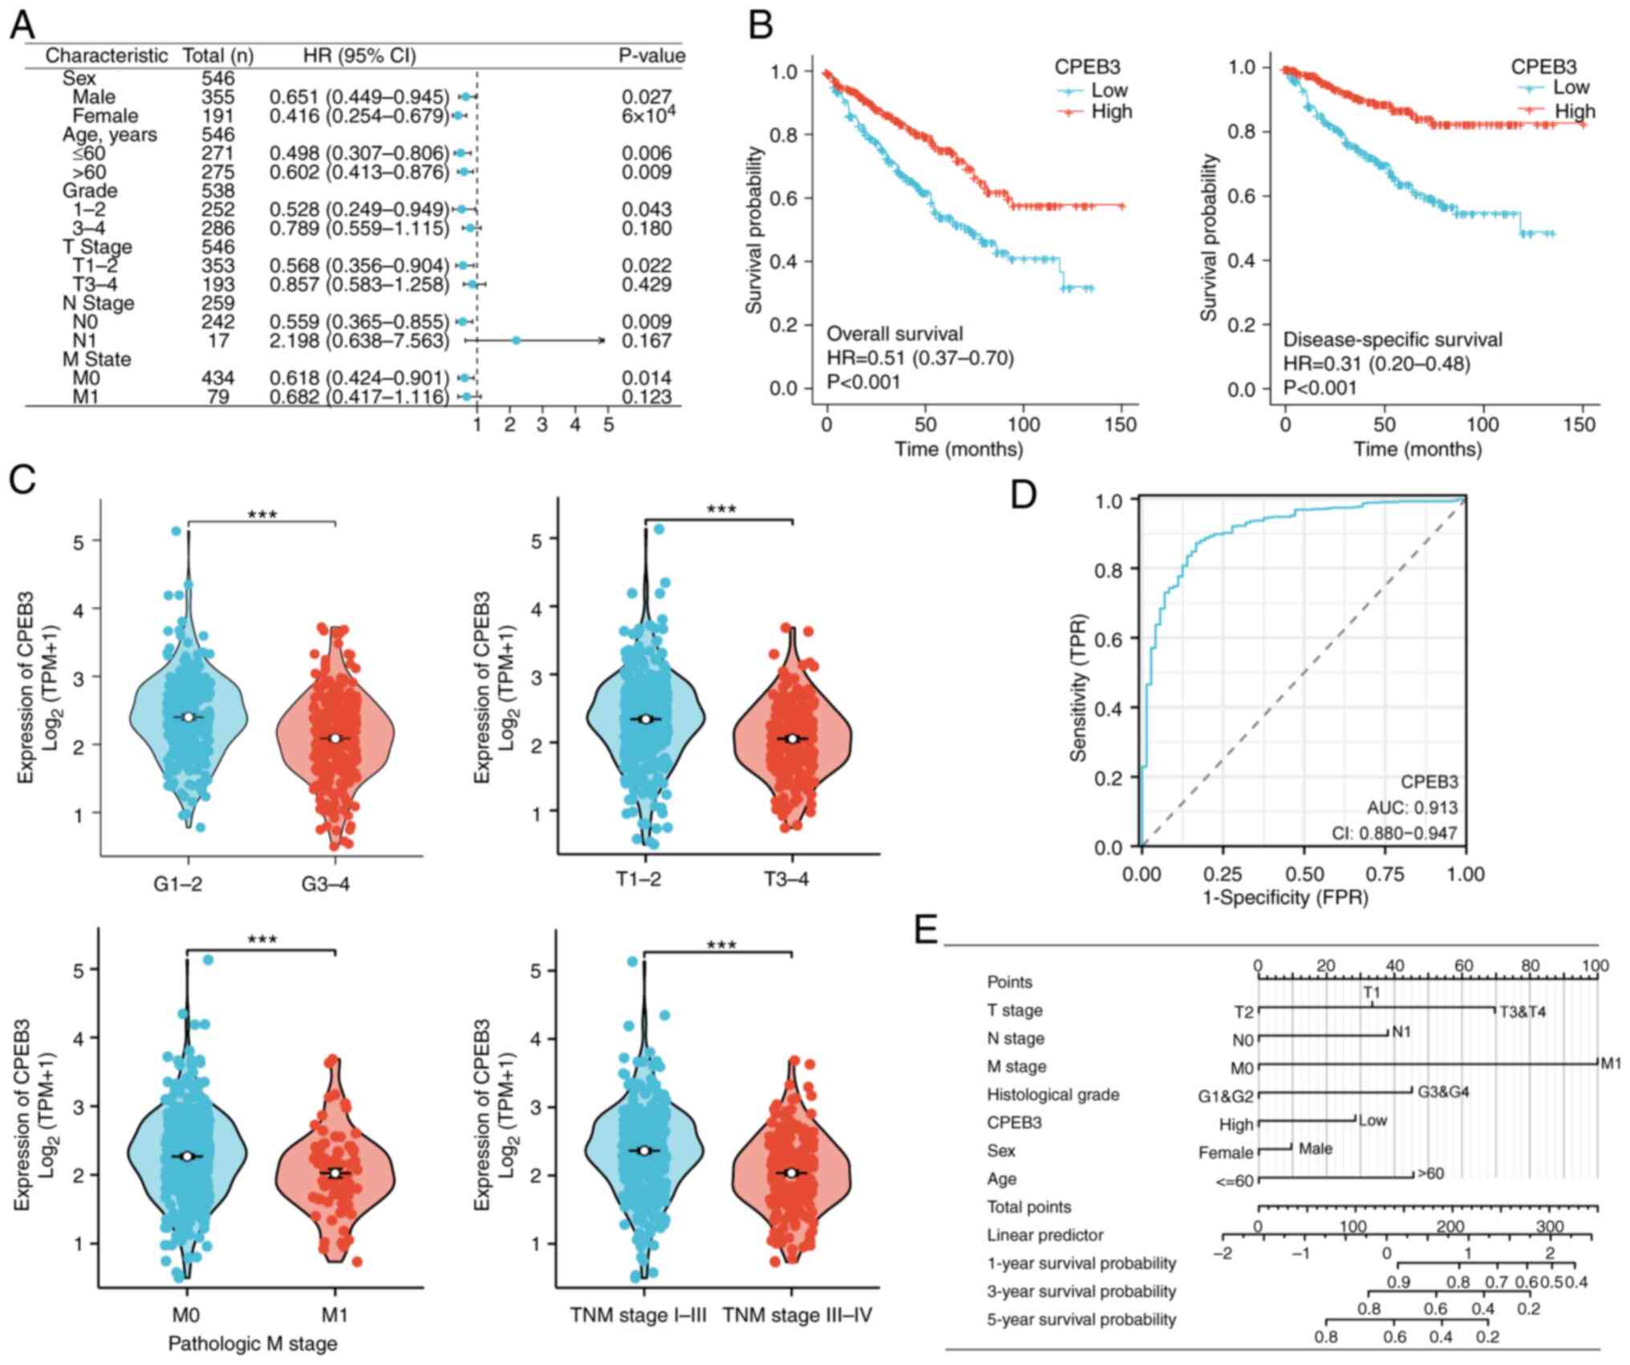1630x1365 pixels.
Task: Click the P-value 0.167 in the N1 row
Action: (x=647, y=341)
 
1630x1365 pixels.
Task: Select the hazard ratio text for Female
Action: (x=359, y=116)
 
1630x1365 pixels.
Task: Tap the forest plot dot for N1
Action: (x=517, y=341)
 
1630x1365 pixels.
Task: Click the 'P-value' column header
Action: (x=651, y=55)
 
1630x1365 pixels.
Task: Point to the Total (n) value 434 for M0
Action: (x=218, y=378)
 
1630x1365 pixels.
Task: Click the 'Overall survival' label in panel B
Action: (x=894, y=334)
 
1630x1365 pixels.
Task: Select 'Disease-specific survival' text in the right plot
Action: (x=1393, y=340)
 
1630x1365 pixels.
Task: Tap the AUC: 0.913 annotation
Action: (x=1413, y=808)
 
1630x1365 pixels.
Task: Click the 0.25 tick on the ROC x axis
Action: (x=1223, y=874)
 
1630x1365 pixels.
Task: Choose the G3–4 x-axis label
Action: (x=326, y=884)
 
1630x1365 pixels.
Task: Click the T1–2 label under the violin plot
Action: (x=639, y=880)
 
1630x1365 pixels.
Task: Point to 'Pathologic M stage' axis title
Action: (x=252, y=1343)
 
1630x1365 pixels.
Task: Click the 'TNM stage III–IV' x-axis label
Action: (x=797, y=1315)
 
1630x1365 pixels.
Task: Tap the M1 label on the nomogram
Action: (x=1611, y=1064)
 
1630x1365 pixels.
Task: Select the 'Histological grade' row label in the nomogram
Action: (x=1052, y=1095)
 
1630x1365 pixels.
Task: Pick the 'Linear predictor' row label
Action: (x=1044, y=1235)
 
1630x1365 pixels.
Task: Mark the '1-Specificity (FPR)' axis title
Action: (x=1285, y=897)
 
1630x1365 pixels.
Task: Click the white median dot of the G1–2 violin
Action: (x=189, y=717)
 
